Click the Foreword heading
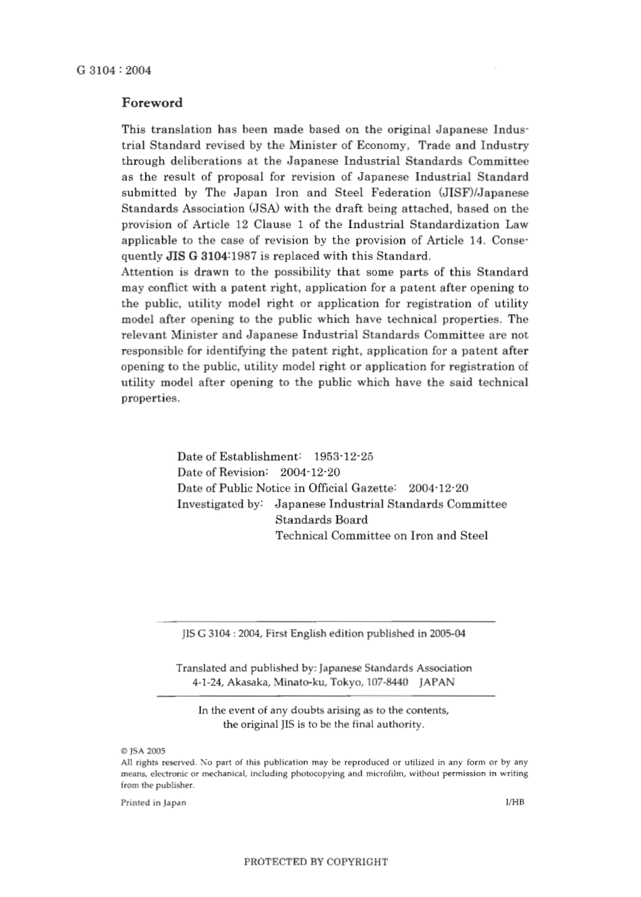click(x=152, y=103)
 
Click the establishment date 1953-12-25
click(x=343, y=456)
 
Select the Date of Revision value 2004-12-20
click(x=310, y=472)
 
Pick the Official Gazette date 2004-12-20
click(x=439, y=488)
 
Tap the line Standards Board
click(x=321, y=520)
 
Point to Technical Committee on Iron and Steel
click(x=381, y=536)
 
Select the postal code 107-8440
click(x=389, y=682)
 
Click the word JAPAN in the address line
click(x=437, y=682)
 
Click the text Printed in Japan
click(x=153, y=803)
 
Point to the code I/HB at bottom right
click(x=514, y=803)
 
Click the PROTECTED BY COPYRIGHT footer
click(x=315, y=862)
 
